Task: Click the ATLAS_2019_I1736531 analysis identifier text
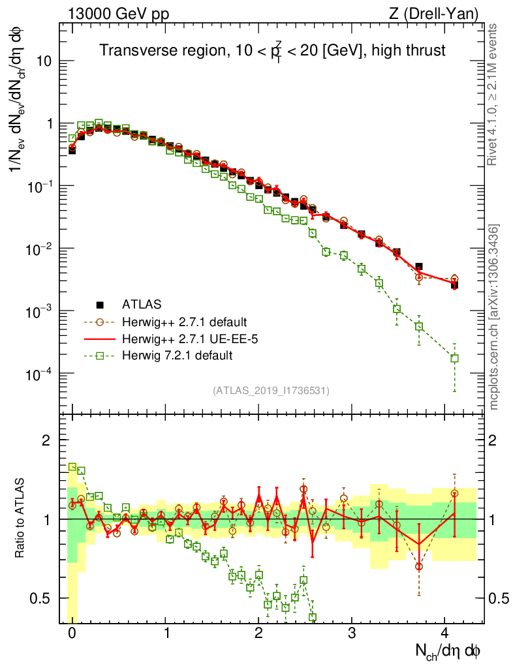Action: click(x=271, y=391)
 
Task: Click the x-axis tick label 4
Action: click(x=445, y=633)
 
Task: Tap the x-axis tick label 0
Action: click(x=72, y=633)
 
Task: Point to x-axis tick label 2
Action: click(x=258, y=633)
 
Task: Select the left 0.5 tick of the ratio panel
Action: click(x=42, y=598)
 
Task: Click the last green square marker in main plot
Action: click(x=454, y=358)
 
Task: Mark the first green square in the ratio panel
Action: click(x=72, y=466)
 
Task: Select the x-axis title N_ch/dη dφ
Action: click(x=450, y=650)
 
